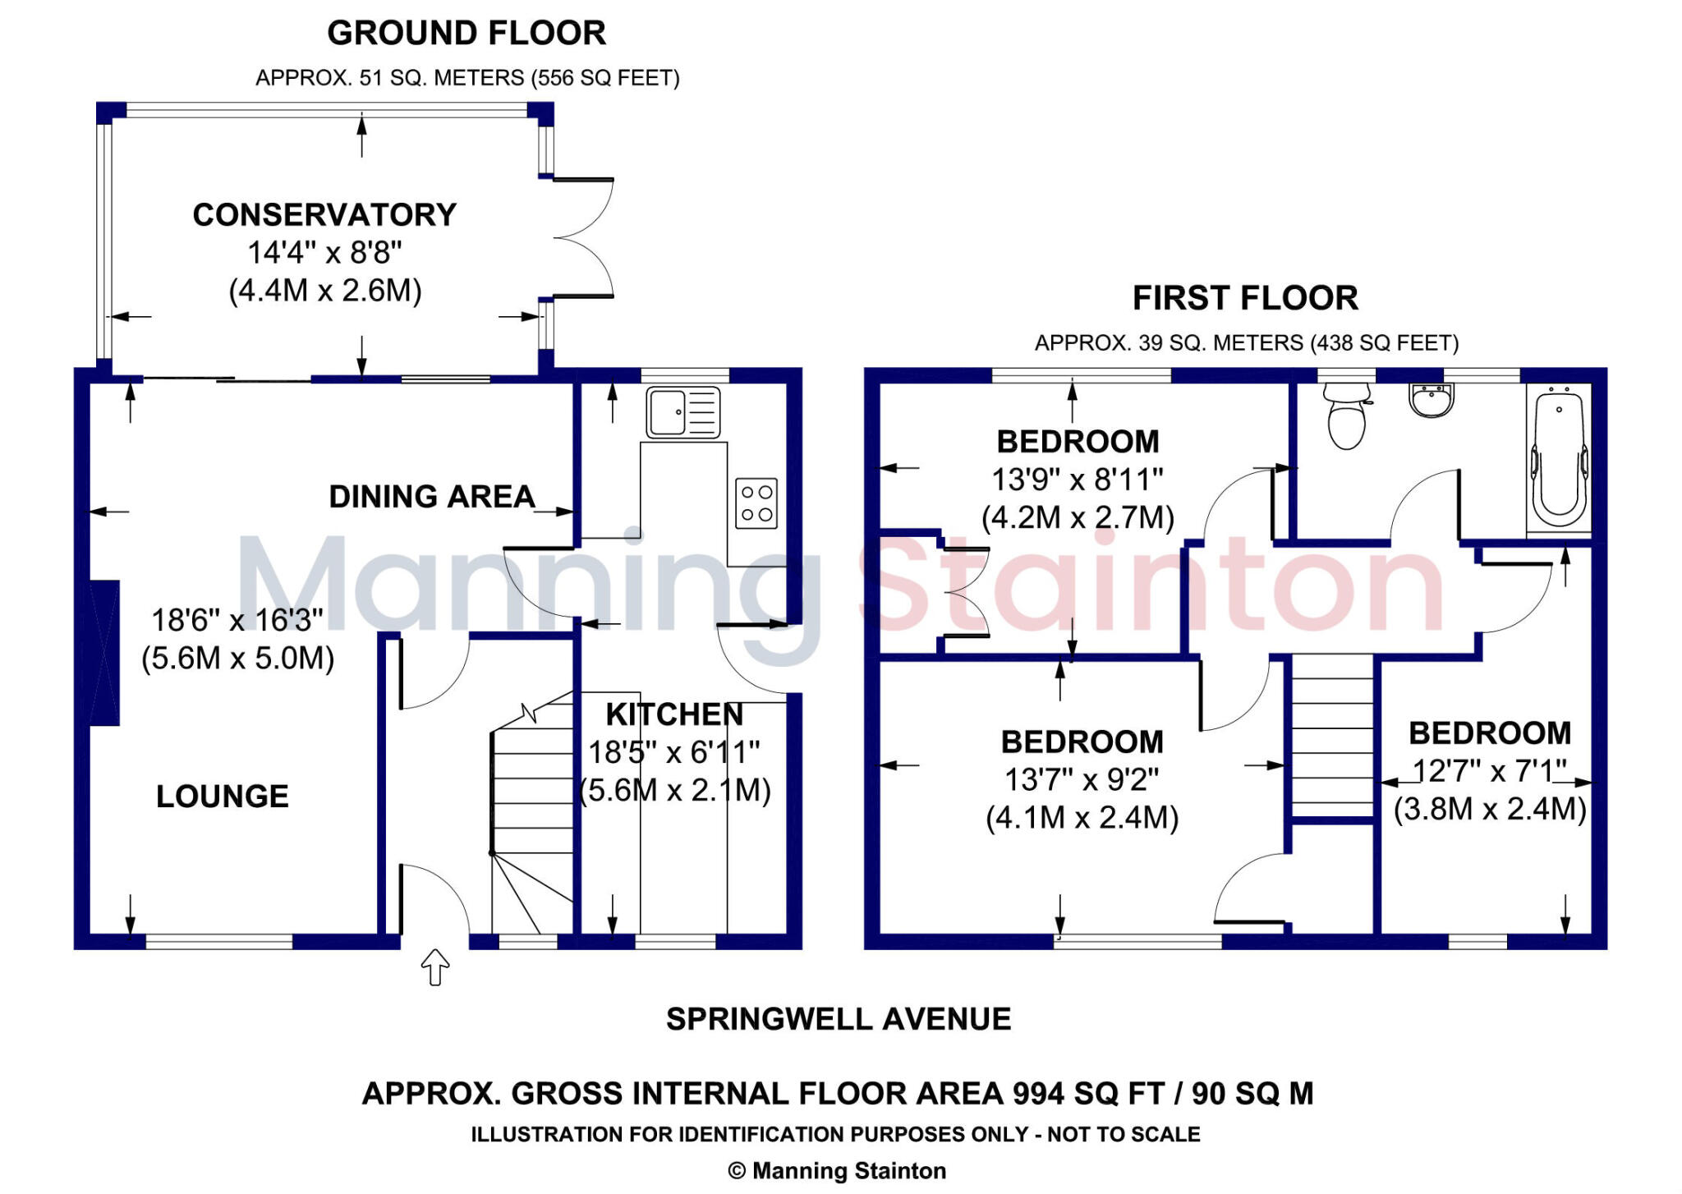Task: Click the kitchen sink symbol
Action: pos(683,412)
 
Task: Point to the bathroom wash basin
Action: pos(1432,402)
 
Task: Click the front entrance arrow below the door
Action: pos(434,967)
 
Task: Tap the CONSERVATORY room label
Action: pos(324,215)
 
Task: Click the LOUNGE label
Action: pos(223,797)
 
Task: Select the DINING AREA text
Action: pos(432,497)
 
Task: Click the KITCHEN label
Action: pos(674,714)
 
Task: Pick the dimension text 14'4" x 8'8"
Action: pos(324,253)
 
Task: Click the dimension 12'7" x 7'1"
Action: pos(1489,771)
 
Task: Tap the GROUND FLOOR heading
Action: pos(466,34)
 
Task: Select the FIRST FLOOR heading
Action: pos(1245,298)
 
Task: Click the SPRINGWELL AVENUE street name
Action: pos(839,1019)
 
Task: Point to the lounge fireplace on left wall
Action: pos(104,653)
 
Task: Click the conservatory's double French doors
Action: pos(583,237)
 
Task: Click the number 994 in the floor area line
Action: pos(1039,1094)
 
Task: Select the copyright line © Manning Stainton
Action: pos(837,1171)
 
